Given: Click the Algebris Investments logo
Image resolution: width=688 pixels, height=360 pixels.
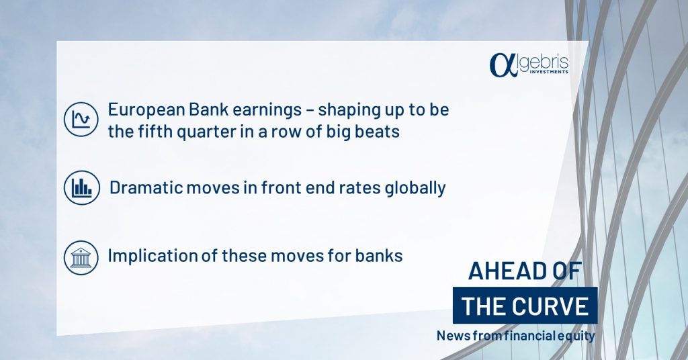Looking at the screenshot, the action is click(x=529, y=65).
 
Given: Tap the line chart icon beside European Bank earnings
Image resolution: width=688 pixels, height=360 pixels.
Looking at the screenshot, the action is click(x=81, y=120).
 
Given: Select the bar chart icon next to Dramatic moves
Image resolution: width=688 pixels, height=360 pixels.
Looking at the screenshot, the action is click(x=81, y=187).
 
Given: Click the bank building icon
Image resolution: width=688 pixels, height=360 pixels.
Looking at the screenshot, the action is click(x=81, y=257).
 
